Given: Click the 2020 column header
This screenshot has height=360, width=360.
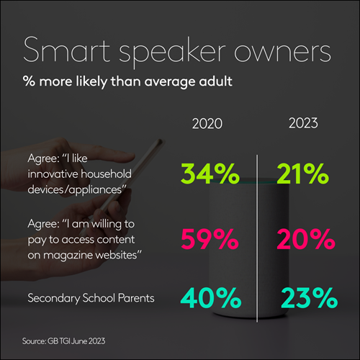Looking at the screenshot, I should pos(208,124).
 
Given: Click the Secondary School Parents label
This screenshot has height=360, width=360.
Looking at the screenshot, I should pos(81,297).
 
